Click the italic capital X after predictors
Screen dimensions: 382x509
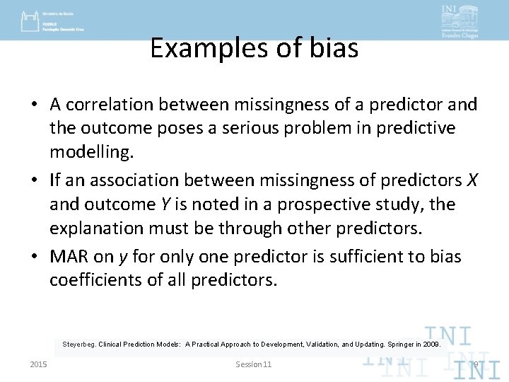click(472, 180)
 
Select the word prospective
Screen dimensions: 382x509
click(317, 204)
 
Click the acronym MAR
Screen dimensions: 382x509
click(69, 256)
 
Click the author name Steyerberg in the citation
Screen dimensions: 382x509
click(78, 345)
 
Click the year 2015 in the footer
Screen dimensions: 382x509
click(39, 364)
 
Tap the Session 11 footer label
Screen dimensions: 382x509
click(253, 364)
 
